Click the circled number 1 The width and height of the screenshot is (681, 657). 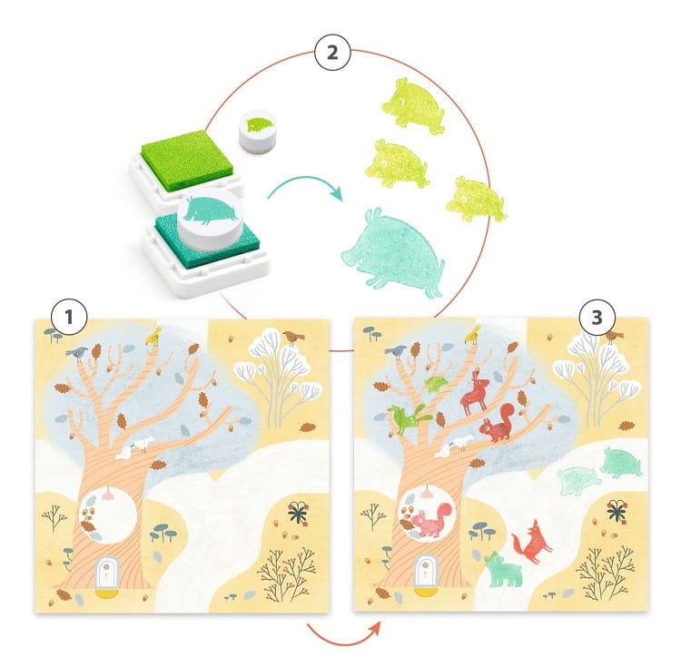tap(69, 317)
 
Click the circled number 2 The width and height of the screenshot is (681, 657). tap(332, 52)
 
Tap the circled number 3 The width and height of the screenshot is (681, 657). tap(597, 318)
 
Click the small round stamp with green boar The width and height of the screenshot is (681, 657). tap(258, 130)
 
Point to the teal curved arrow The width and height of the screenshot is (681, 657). tap(305, 188)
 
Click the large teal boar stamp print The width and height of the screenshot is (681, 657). tap(393, 254)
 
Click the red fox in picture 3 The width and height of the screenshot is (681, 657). tap(531, 543)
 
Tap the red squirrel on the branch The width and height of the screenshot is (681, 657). tap(498, 422)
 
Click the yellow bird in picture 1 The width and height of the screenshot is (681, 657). tap(153, 336)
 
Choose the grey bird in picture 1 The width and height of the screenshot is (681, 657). tap(77, 353)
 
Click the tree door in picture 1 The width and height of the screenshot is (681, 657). tap(107, 574)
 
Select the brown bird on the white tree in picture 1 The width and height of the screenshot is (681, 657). tap(293, 337)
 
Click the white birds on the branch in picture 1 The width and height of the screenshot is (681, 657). tap(134, 447)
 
